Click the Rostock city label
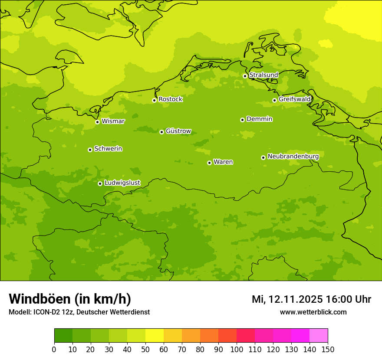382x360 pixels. click(170, 99)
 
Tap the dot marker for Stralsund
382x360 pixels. click(245, 76)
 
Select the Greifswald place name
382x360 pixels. click(294, 99)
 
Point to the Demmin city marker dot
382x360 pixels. click(242, 120)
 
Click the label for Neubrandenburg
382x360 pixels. click(293, 157)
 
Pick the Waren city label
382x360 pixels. click(223, 162)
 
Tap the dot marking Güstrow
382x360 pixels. click(161, 132)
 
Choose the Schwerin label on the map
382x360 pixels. click(108, 149)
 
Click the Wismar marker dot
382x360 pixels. click(97, 122)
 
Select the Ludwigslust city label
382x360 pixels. click(122, 183)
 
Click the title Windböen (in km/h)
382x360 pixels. click(70, 299)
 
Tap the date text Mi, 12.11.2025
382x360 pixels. click(287, 299)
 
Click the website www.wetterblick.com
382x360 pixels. click(313, 312)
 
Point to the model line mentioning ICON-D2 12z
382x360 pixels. click(79, 312)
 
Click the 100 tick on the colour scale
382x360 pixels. click(237, 350)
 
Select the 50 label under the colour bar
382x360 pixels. click(145, 350)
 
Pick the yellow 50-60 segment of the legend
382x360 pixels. click(155, 335)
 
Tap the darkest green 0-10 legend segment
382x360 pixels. click(63, 335)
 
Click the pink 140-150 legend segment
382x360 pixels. click(319, 335)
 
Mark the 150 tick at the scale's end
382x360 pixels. click(328, 350)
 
